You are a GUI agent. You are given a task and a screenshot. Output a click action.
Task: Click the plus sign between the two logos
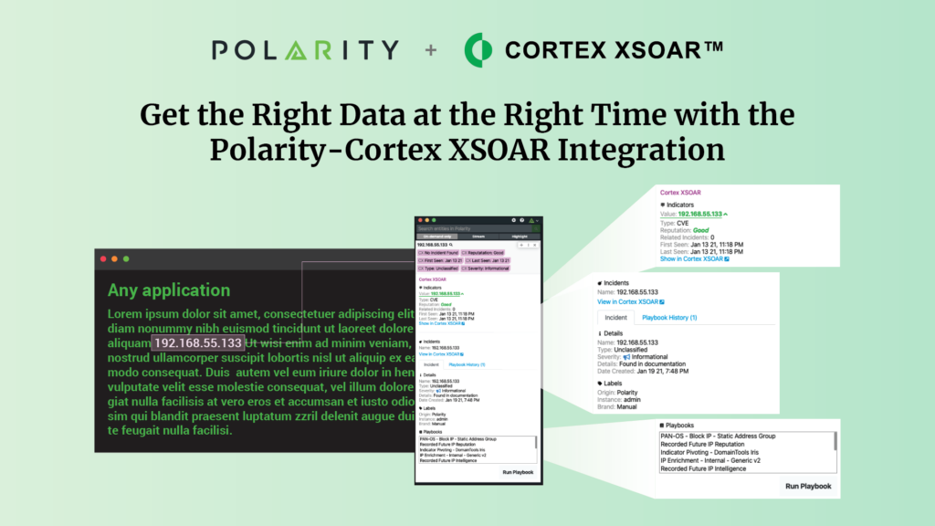point(430,49)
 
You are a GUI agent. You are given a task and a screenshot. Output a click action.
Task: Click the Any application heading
point(169,290)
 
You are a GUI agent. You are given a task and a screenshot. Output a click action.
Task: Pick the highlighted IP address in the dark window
point(198,342)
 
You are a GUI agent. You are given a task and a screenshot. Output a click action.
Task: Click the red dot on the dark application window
point(103,259)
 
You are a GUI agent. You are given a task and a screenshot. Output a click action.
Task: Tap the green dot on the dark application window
point(126,259)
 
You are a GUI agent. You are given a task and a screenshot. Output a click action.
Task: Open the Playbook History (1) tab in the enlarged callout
point(668,317)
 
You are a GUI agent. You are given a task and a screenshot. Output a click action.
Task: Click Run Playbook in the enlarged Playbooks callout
point(808,486)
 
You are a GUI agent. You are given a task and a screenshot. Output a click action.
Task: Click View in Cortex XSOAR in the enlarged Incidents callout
point(631,301)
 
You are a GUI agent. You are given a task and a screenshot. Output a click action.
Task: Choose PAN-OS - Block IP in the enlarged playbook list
point(722,437)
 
